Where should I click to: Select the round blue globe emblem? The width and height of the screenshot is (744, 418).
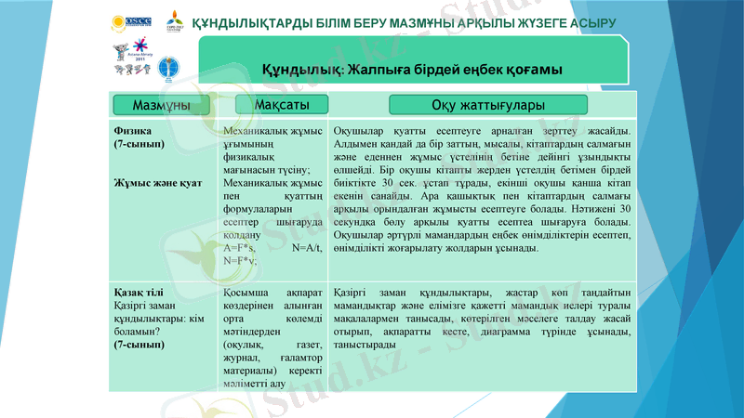point(166,66)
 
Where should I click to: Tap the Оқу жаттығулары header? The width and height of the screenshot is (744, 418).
point(488,106)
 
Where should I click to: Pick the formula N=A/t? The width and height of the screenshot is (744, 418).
point(306,248)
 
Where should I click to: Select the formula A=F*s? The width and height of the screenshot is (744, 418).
point(239,248)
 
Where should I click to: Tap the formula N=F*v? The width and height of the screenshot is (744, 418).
point(240,262)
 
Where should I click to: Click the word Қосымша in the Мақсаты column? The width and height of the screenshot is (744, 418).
point(248,292)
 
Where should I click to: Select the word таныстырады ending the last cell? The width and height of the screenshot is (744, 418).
point(363,345)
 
